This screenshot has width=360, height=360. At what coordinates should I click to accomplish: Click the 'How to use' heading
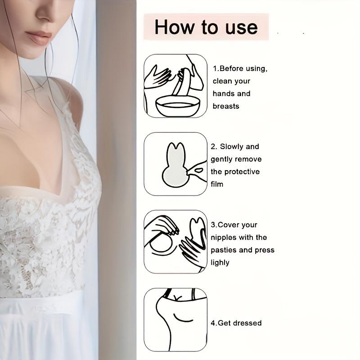[x=206, y=27]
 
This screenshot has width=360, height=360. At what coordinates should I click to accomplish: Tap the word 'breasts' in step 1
[x=226, y=106]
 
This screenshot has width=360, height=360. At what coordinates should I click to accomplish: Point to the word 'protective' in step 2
[x=242, y=171]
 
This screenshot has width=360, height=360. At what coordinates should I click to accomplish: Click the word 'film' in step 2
[x=217, y=184]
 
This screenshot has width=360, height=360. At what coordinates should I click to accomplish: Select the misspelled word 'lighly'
[x=220, y=262]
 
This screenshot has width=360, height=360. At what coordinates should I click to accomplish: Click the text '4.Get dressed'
[x=236, y=323]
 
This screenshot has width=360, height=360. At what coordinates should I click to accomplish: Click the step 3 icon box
[x=175, y=242]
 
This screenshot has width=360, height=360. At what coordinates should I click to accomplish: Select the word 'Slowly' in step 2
[x=233, y=146]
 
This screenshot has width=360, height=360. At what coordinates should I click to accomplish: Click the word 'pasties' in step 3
[x=225, y=250]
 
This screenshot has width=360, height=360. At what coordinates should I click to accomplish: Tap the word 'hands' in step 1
[x=224, y=94]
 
